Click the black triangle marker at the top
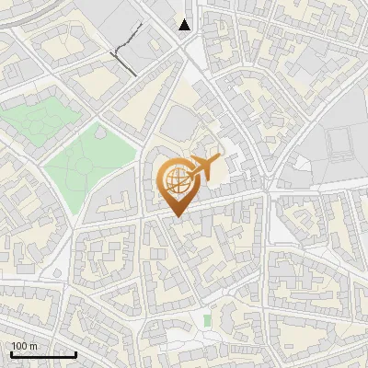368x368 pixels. click(x=186, y=25)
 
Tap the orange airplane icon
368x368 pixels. click(x=204, y=167)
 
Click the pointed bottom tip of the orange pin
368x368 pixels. click(x=176, y=217)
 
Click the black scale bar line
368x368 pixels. click(x=43, y=354)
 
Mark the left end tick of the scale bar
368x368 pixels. click(x=10, y=352)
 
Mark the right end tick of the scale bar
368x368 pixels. click(x=76, y=352)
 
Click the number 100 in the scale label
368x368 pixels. click(x=19, y=346)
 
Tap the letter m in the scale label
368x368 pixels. click(x=33, y=346)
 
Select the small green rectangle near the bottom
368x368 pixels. click(x=206, y=320)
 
